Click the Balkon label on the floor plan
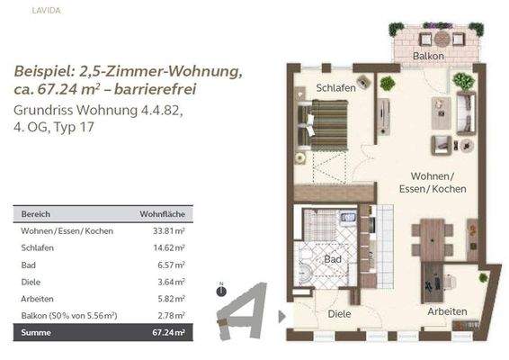429,57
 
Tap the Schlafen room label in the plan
335,88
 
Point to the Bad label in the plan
333,259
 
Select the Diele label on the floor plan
339,314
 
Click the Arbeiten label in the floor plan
446,311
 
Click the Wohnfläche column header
163,215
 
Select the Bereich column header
36,215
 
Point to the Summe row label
37,333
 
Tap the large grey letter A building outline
245,310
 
